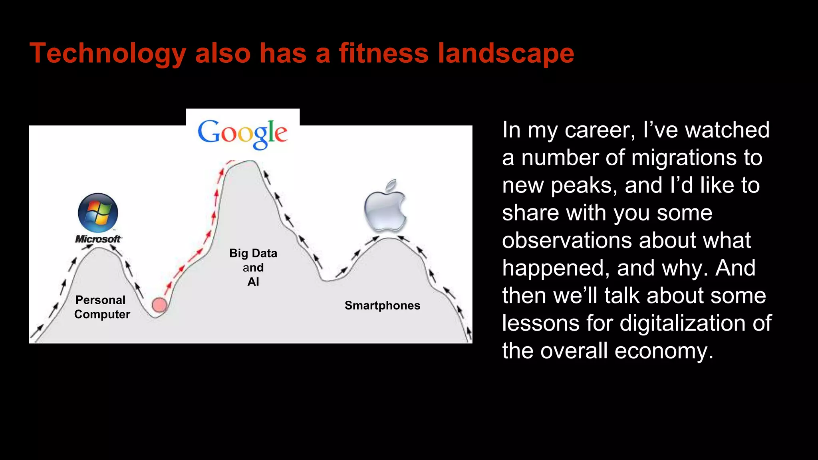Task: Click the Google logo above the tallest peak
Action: [242, 133]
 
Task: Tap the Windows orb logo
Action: [98, 213]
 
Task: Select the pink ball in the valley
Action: [160, 305]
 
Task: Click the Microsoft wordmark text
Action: [98, 239]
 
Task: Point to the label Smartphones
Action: [382, 305]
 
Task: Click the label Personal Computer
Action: [102, 307]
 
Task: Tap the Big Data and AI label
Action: [253, 267]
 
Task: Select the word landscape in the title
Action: [506, 54]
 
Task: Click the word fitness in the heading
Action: [383, 54]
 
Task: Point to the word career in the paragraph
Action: [600, 130]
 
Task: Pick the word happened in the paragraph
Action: [556, 268]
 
